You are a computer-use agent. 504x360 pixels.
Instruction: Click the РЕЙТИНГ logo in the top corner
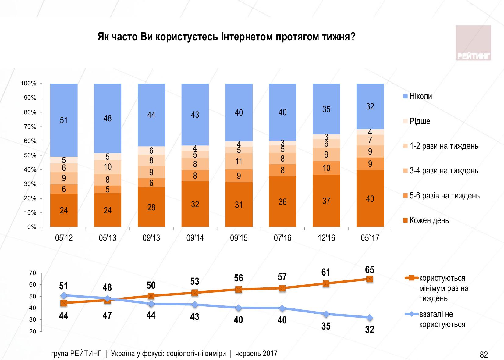pos(473,43)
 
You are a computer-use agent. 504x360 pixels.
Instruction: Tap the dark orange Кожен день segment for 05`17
pos(370,199)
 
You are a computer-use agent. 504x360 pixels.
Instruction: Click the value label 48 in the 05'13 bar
pos(108,118)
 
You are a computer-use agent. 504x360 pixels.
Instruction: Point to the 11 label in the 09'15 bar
pos(239,161)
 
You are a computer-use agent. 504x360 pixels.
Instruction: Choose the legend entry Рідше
pos(420,121)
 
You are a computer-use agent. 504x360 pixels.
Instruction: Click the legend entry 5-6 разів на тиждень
pos(444,196)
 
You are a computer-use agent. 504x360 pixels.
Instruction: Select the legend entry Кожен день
pos(429,220)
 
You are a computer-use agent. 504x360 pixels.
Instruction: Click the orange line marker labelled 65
pos(370,279)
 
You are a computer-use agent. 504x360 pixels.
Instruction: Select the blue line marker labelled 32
pos(370,318)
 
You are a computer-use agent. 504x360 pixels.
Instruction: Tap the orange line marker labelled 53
pos(195,293)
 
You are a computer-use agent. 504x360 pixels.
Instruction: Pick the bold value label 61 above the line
pos(326,272)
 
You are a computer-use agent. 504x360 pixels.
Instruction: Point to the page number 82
pos(484,355)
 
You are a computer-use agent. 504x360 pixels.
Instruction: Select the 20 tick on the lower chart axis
pos(33,332)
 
